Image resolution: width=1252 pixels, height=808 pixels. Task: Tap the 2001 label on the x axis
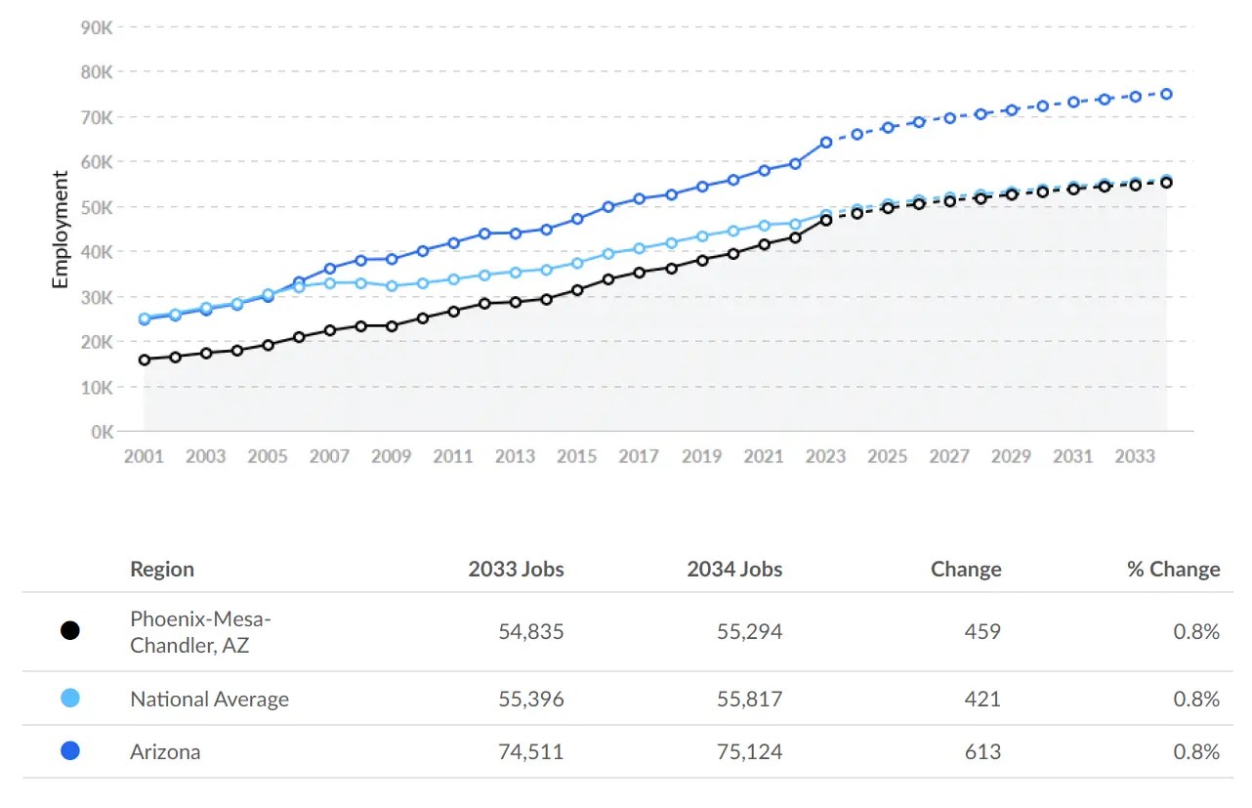144,456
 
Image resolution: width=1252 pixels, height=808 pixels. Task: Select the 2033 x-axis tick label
1135,456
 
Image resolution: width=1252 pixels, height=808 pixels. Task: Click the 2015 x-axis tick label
577,456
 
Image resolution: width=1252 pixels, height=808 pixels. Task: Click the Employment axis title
61,230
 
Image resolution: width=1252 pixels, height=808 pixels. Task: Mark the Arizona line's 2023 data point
825,142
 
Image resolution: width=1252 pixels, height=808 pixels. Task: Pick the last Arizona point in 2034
1166,94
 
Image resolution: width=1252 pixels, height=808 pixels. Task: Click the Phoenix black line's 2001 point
145,360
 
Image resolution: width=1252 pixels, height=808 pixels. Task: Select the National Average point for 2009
392,286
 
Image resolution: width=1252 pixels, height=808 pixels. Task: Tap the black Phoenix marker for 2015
577,290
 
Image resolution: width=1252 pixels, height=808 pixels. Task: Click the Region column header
162,570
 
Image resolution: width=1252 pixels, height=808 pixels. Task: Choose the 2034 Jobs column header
734,570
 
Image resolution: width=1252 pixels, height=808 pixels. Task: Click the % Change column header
1173,570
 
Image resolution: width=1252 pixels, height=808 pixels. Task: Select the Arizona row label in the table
165,752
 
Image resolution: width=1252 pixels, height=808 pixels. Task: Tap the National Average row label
209,700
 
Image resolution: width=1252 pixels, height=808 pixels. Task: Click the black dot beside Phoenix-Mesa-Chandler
69,631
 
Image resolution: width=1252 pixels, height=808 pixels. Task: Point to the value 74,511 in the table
530,752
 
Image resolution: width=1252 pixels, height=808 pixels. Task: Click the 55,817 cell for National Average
749,700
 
